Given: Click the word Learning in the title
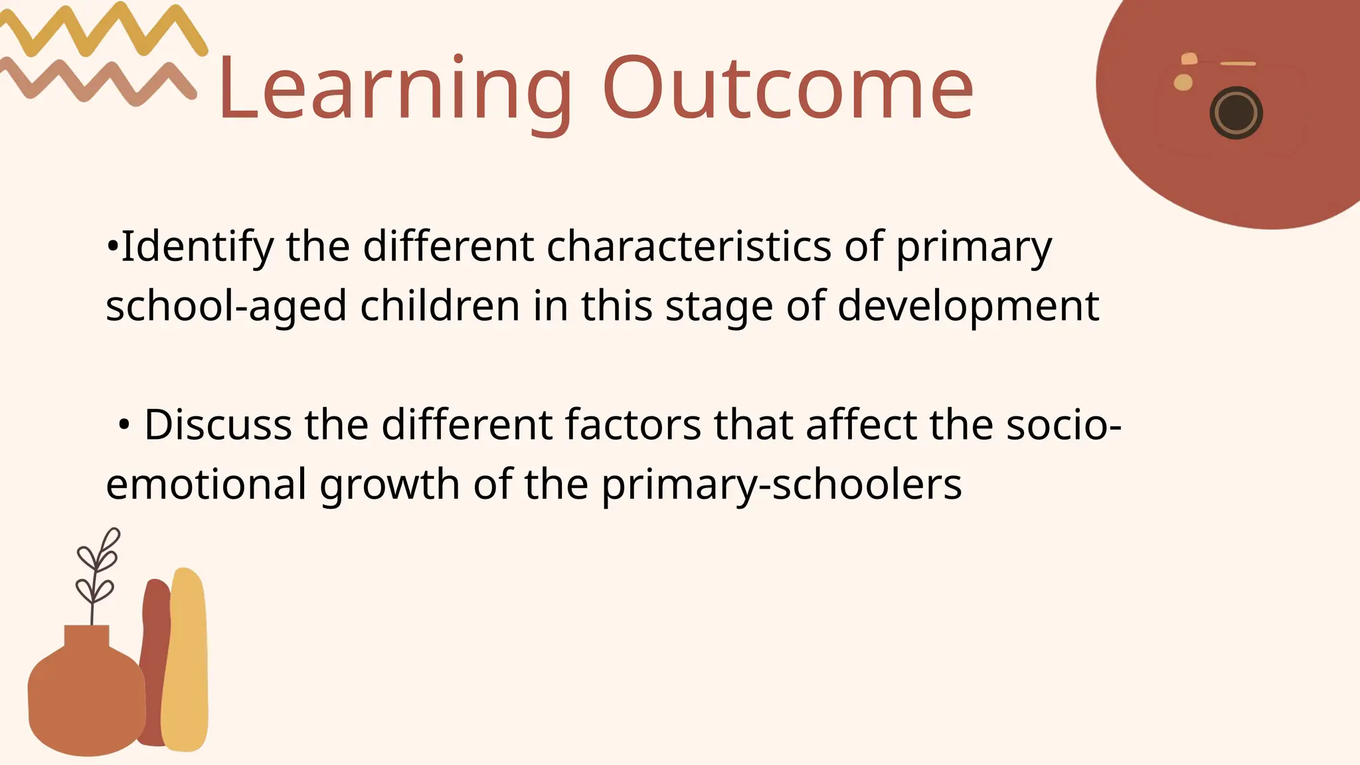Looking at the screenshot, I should coord(393,90).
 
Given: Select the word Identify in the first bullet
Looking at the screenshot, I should coord(197,247).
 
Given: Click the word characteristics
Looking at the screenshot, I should coord(689,246).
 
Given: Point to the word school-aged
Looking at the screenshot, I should coord(226,307).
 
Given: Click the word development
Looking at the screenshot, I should coord(968,307).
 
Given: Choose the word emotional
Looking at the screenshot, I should coord(206,484).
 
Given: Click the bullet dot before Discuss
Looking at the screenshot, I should coord(124,426).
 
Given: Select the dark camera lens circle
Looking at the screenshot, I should coord(1236,114).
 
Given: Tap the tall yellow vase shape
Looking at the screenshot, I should coord(186,664).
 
